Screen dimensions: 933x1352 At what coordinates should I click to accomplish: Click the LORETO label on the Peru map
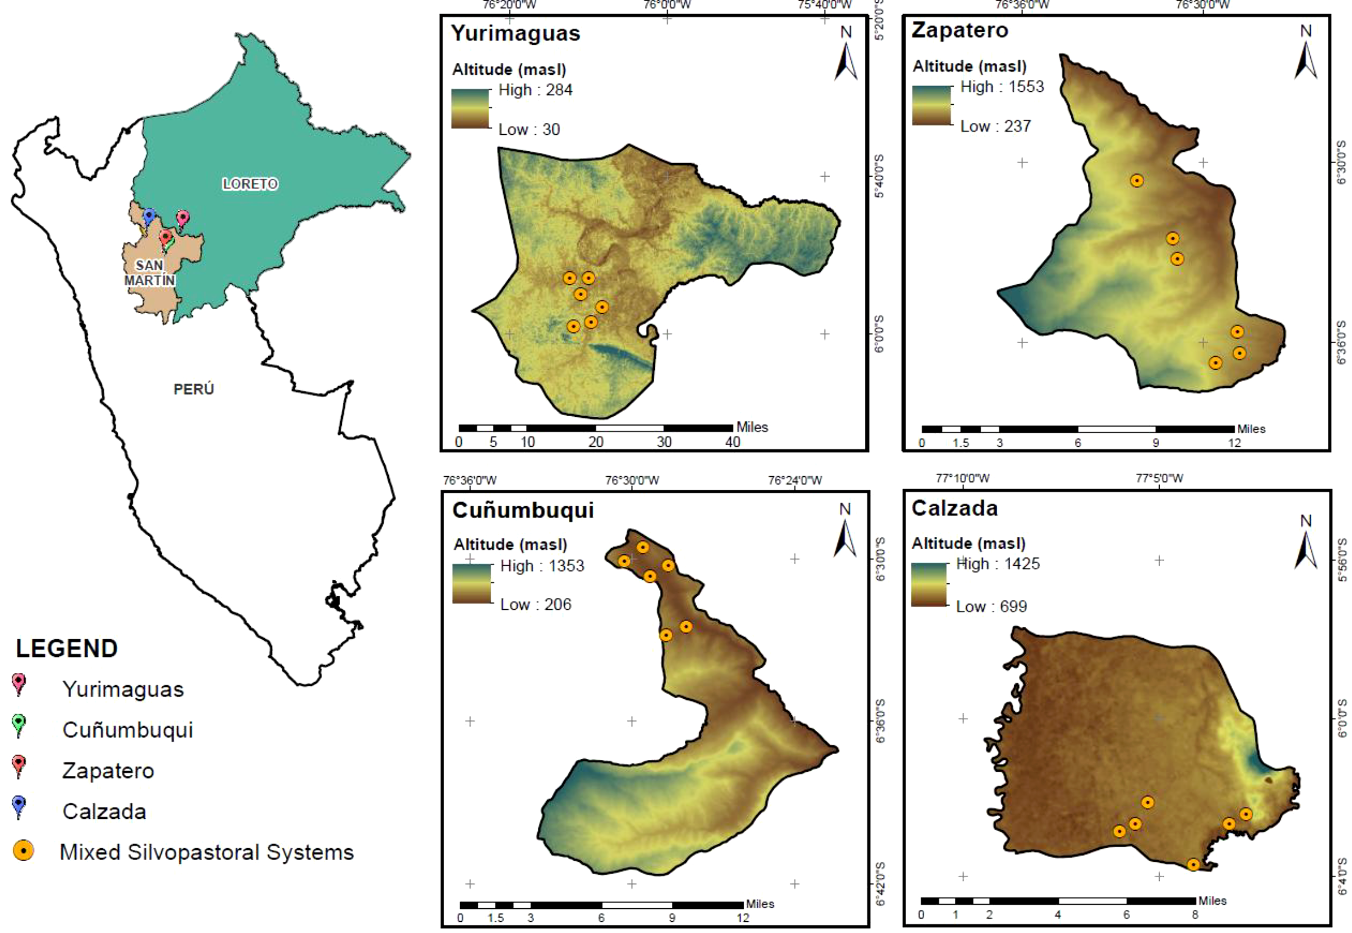[249, 184]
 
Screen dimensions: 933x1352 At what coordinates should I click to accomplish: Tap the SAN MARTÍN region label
[149, 273]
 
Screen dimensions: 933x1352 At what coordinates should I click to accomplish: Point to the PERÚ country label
[194, 389]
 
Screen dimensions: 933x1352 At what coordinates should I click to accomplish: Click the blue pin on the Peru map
[149, 216]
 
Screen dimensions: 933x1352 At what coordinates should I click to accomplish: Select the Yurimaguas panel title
[515, 34]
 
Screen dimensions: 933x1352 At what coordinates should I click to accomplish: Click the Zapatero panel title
[960, 30]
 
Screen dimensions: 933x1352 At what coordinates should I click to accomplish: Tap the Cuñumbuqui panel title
[522, 510]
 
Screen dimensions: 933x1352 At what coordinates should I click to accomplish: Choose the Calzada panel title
[954, 508]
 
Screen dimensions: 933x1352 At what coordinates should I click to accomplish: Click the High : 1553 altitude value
[1002, 87]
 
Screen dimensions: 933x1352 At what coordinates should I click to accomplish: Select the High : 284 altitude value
[535, 90]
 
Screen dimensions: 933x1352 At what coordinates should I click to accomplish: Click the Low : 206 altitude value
[535, 605]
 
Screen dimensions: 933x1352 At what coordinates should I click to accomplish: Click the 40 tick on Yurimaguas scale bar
[732, 442]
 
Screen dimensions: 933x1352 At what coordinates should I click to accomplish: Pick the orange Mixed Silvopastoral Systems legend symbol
[23, 851]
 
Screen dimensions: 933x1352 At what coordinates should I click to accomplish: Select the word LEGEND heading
[66, 649]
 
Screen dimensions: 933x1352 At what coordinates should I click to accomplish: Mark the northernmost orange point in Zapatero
[1137, 181]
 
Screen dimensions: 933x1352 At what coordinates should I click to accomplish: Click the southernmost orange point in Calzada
[1193, 865]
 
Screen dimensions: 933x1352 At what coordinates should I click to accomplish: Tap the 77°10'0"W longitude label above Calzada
[963, 478]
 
